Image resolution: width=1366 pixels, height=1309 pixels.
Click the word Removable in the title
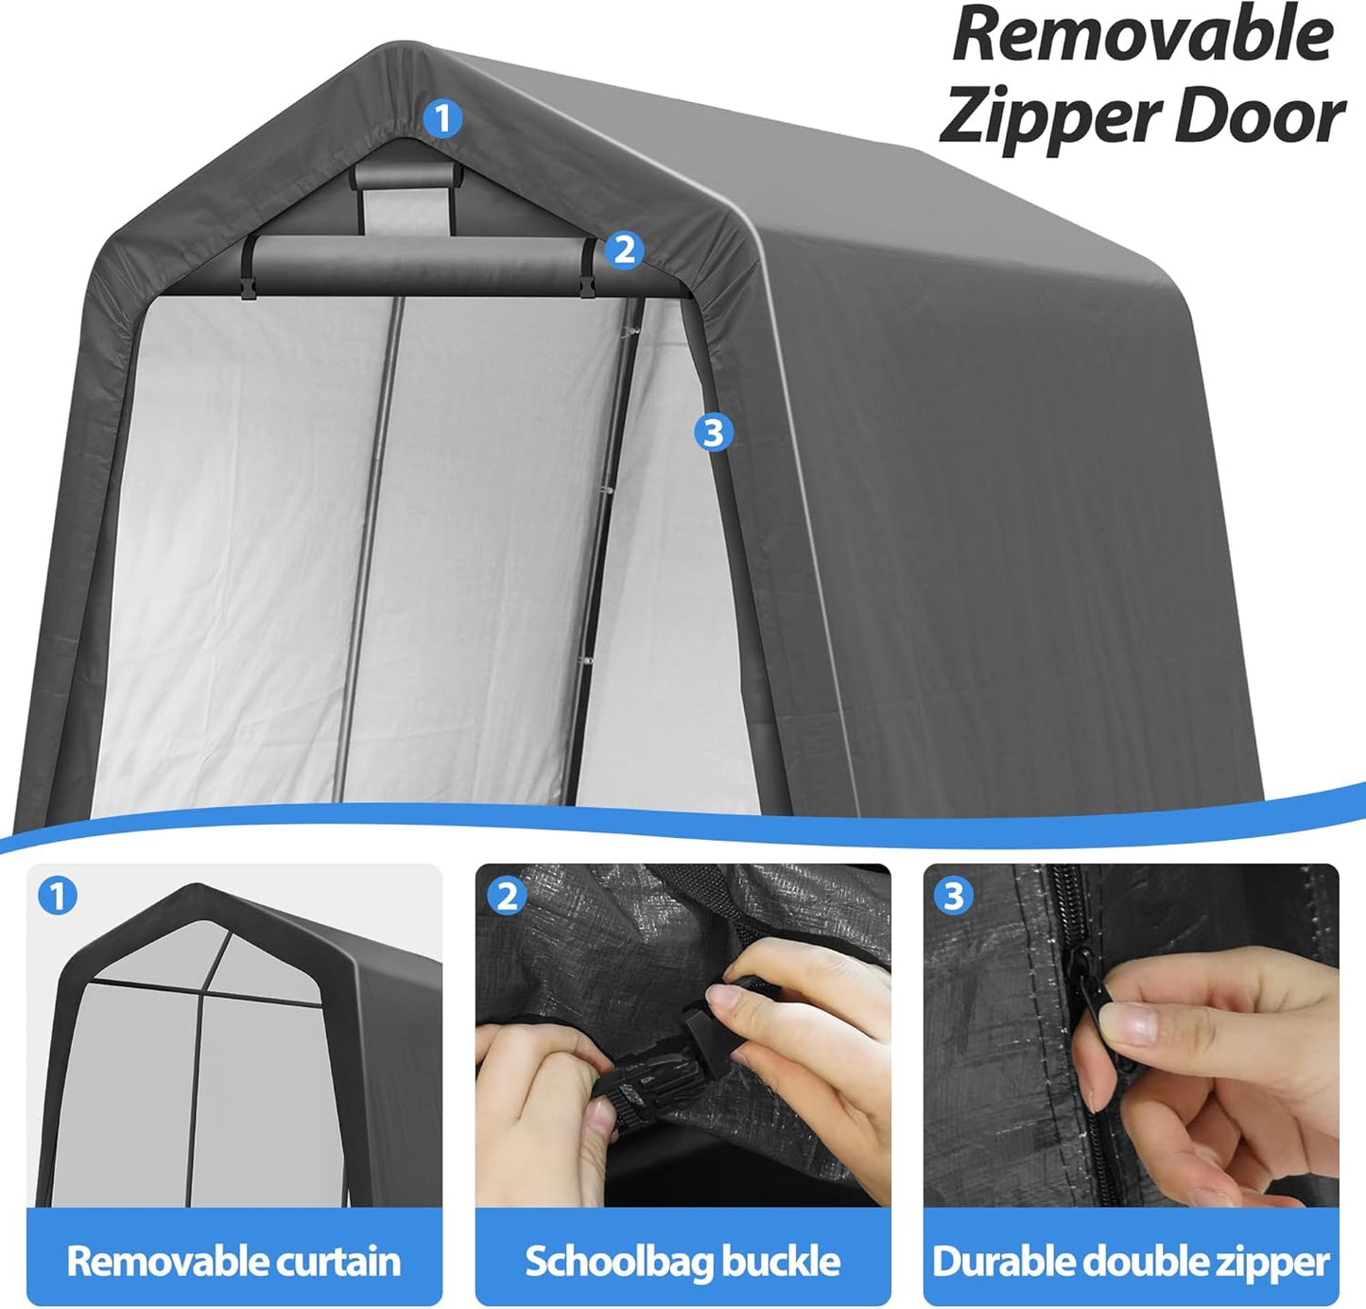pos(1142,34)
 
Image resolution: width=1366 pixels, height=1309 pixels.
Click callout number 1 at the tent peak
pos(442,119)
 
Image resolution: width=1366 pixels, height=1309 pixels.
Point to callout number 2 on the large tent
pos(624,251)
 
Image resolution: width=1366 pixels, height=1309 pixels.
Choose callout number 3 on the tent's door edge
pos(713,432)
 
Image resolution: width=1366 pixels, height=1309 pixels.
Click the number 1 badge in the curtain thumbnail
pos(58,895)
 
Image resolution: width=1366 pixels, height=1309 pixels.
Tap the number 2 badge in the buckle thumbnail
pos(508,895)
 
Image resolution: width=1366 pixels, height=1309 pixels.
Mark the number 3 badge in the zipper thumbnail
pos(954,895)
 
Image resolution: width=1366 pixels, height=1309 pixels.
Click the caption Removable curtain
pos(233,1261)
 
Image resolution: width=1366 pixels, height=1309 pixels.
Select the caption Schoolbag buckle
pos(683,1261)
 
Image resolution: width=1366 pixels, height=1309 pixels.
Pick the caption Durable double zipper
pos(1131,1261)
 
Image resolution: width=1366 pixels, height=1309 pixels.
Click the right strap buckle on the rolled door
pos(588,279)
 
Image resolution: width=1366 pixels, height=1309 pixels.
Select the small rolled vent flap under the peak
pos(404,176)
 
